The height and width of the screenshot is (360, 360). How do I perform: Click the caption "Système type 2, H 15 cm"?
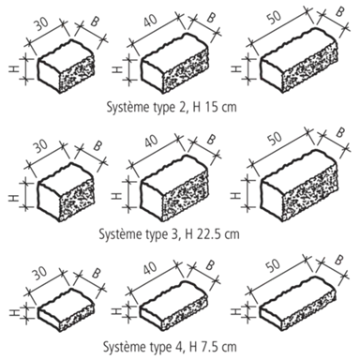coord(172,107)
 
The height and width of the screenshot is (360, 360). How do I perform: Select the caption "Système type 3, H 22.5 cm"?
coord(169,233)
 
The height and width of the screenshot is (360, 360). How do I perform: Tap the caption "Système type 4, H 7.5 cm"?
coord(170,346)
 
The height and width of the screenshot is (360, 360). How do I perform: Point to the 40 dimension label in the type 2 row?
coord(150,20)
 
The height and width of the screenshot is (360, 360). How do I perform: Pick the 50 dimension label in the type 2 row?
coord(275,17)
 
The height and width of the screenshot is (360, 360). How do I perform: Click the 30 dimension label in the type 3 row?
coord(41,146)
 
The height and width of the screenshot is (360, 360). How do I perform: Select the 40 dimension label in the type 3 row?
coord(151,141)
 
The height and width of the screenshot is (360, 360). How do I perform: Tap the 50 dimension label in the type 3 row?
coord(275,138)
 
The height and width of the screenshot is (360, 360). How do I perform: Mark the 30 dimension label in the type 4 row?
coord(40,273)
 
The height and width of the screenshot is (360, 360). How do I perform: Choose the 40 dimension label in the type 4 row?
coord(150,267)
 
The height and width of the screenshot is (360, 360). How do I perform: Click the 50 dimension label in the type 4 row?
coord(273,265)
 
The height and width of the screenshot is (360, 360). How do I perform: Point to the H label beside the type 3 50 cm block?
coord(236,195)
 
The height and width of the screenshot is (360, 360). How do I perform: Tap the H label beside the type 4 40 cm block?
coord(116,311)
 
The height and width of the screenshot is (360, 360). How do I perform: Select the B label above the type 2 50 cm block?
coord(339,11)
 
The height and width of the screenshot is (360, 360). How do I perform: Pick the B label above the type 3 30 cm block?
coord(97,145)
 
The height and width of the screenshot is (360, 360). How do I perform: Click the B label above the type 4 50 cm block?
coord(338,260)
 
